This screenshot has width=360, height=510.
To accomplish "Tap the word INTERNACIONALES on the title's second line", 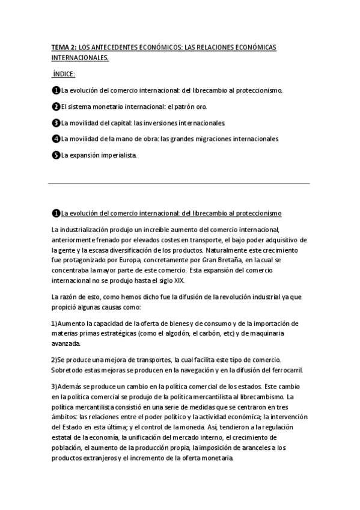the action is [80, 58].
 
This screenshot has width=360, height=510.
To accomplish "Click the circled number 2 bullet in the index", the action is [55, 106].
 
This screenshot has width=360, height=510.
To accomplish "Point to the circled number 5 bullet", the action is [55, 155].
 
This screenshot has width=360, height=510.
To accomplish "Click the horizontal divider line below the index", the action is [179, 183].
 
